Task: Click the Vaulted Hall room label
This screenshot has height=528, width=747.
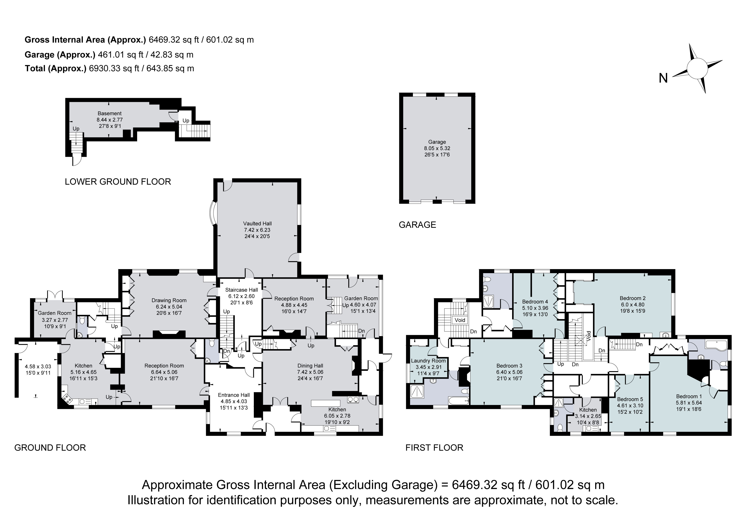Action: tap(257, 223)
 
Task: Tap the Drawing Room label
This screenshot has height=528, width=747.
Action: tap(169, 300)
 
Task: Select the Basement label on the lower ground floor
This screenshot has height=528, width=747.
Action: tap(110, 113)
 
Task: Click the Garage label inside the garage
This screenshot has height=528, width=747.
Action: tap(437, 142)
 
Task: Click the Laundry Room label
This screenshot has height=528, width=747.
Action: tap(428, 361)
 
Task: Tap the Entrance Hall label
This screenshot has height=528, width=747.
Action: tap(234, 395)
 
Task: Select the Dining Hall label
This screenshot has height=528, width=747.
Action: tap(310, 366)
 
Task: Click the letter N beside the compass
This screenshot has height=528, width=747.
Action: tap(663, 78)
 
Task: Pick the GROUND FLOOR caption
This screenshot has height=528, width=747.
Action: tap(50, 448)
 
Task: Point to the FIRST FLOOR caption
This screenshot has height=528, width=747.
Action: tap(434, 448)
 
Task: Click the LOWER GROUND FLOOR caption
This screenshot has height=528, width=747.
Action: tap(118, 181)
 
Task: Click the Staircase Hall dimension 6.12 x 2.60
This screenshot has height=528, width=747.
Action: tap(241, 296)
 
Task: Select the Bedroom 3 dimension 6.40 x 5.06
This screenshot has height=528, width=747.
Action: tap(509, 372)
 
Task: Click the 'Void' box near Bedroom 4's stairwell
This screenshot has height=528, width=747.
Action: tap(460, 320)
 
